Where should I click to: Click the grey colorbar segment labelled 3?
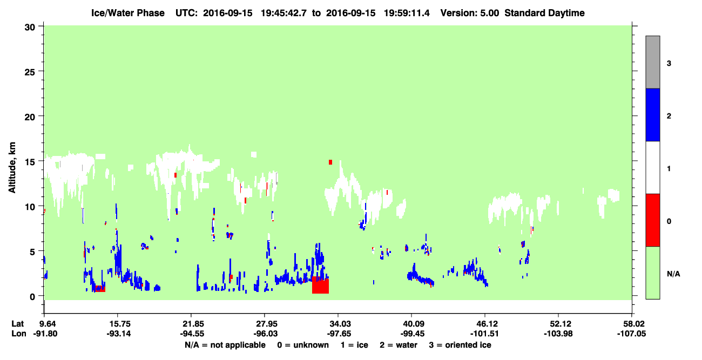click(652, 62)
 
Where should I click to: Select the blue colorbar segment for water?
click(652, 114)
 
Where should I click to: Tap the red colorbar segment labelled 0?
click(652, 220)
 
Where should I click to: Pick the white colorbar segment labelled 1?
click(652, 167)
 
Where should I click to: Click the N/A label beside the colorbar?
click(673, 274)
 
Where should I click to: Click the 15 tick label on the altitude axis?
click(30, 162)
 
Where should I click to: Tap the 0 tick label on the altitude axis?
click(32, 296)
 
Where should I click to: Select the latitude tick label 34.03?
click(339, 324)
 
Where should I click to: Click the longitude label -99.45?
click(412, 334)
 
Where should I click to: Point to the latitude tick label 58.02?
click(632, 324)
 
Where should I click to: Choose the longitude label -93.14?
click(118, 334)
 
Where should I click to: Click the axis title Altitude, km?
click(12, 168)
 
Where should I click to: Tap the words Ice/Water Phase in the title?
click(128, 13)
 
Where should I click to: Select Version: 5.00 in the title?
click(469, 13)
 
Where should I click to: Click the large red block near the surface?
click(320, 285)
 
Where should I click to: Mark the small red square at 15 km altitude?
click(330, 162)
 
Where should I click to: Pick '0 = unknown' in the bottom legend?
click(303, 345)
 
